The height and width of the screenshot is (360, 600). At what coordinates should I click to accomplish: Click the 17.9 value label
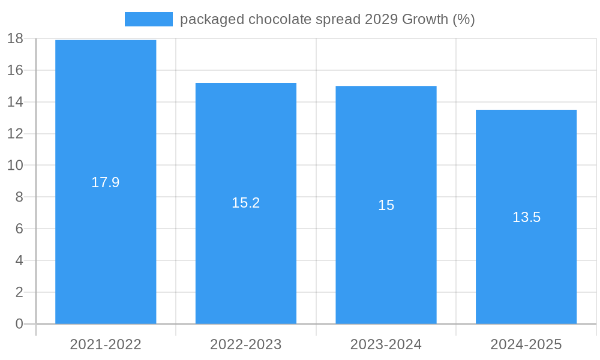106,182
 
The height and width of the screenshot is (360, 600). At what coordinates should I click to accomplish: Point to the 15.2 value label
246,203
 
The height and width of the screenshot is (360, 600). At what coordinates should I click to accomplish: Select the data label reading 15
386,205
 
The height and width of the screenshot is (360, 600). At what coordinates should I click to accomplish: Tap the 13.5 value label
526,217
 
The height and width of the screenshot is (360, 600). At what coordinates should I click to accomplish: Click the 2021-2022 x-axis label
106,344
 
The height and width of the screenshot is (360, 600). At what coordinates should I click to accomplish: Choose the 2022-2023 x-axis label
246,344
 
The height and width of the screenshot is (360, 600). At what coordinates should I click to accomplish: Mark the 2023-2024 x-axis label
386,344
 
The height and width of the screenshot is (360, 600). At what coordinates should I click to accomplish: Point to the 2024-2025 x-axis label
526,344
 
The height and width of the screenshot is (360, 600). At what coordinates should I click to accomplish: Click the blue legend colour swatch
148,19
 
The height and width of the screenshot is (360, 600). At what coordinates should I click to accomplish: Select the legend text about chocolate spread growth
327,19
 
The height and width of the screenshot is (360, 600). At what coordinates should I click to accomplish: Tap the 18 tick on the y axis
15,38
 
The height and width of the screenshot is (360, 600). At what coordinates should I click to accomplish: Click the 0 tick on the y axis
19,324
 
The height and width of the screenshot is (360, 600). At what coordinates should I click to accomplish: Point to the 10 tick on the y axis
15,165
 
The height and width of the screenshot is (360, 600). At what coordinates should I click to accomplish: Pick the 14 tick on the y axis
15,102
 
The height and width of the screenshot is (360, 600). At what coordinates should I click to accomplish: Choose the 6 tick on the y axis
19,229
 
